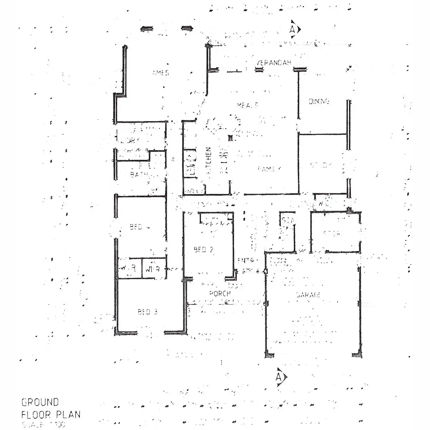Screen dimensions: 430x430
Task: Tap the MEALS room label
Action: (x=248, y=105)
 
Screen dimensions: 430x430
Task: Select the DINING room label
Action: (x=319, y=101)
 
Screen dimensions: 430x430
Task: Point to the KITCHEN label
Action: (x=208, y=161)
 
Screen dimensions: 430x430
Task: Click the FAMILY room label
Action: (x=269, y=169)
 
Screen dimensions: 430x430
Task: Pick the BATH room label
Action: (x=138, y=175)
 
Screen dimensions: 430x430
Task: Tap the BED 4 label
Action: (x=136, y=227)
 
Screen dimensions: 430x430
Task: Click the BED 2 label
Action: (x=204, y=250)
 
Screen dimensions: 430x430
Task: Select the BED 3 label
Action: (x=147, y=312)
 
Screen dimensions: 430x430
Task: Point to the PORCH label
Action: (x=220, y=293)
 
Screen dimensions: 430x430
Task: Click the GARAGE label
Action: (x=308, y=295)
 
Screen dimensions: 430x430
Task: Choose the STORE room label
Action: (x=333, y=234)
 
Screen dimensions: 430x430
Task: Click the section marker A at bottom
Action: (x=279, y=377)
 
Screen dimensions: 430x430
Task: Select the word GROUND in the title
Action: (x=40, y=402)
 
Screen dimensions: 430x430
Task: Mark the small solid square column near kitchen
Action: (x=230, y=137)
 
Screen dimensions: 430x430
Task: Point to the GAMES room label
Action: (x=160, y=73)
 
